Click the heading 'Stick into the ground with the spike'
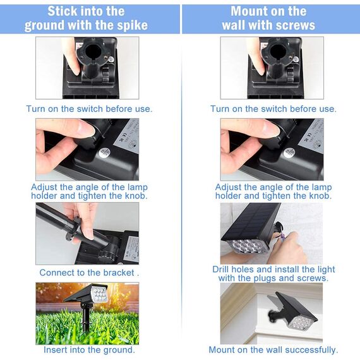tap(86, 18)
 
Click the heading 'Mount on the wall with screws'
tap(268, 18)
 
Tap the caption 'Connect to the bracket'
tap(89, 273)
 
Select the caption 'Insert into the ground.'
tap(89, 350)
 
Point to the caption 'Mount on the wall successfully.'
tap(273, 350)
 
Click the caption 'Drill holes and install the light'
tap(273, 270)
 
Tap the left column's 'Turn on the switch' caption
tap(89, 109)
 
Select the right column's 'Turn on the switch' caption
tap(273, 109)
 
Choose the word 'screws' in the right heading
tap(295, 25)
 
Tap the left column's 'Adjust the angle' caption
tap(89, 191)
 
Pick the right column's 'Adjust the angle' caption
tap(273, 191)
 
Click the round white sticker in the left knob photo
tap(105, 152)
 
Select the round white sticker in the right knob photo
tap(289, 152)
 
